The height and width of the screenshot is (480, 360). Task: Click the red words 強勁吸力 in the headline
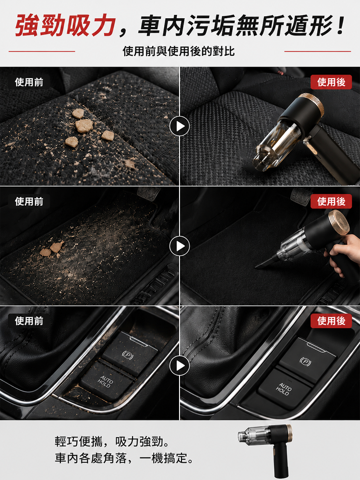tap(65, 25)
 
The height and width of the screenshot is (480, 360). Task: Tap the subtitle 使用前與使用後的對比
tap(179, 51)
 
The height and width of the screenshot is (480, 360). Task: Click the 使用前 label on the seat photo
tap(29, 82)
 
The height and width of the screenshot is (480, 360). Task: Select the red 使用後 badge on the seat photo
tap(331, 82)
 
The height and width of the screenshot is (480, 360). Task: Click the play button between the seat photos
tap(180, 126)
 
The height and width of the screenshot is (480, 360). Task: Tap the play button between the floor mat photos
tap(180, 246)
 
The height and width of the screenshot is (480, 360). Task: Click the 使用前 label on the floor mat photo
tap(29, 202)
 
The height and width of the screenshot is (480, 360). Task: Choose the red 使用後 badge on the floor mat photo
tap(331, 202)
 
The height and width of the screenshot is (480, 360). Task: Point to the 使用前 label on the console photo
tap(29, 321)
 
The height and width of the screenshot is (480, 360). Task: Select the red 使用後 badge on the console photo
tap(331, 321)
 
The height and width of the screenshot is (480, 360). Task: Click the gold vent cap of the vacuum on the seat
tap(312, 104)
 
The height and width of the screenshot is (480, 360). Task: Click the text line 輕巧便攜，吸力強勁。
tap(112, 442)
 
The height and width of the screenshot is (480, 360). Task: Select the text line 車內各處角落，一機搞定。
tap(124, 458)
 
